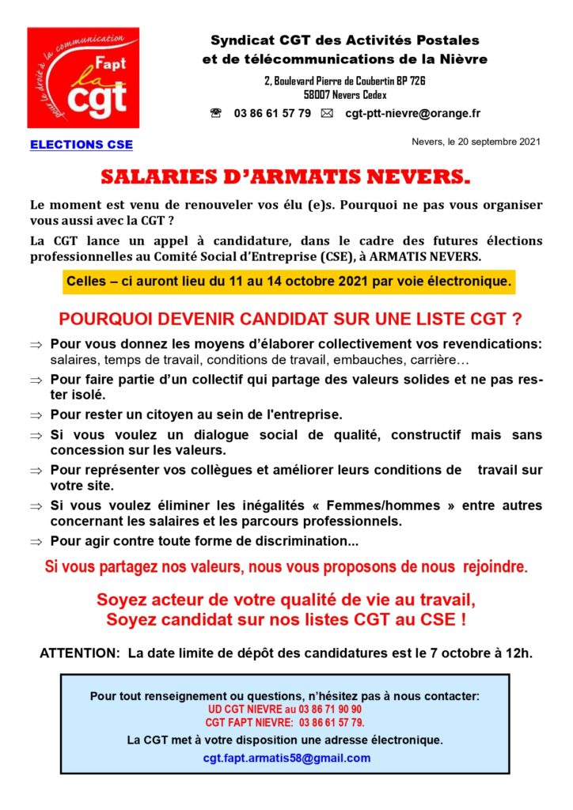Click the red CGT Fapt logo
tap(83, 78)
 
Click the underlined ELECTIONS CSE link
tap(82, 145)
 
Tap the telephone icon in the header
tap(216, 113)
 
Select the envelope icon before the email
tap(327, 113)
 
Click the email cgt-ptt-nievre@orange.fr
tap(412, 113)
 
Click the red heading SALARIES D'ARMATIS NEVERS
tap(286, 176)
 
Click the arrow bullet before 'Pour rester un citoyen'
tap(36, 414)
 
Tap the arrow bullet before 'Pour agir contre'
tap(36, 543)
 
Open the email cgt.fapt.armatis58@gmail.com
tap(286, 757)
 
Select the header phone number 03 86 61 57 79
tap(272, 113)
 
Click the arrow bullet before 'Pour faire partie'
tap(36, 380)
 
